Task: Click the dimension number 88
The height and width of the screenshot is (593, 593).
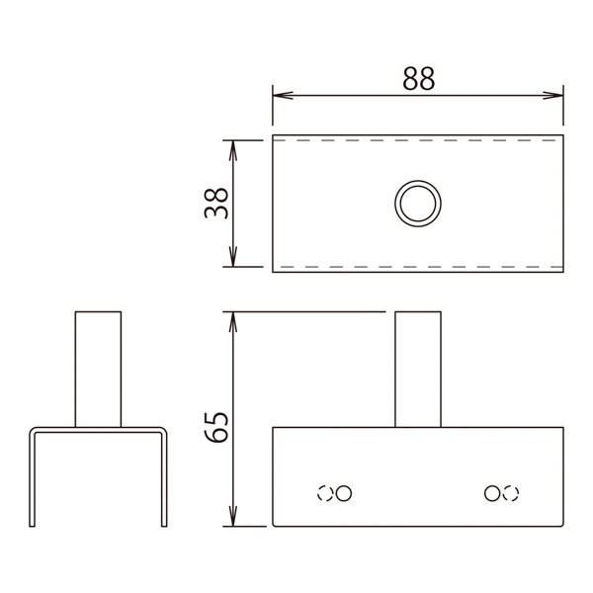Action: (x=419, y=79)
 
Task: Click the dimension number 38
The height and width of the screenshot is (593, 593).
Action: (x=215, y=204)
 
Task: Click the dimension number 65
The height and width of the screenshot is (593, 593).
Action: (x=215, y=427)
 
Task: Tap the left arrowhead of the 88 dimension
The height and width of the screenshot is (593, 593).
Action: (x=283, y=95)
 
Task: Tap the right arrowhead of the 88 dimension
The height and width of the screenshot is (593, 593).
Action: (x=552, y=95)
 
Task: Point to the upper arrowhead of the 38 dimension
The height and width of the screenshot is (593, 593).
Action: (x=233, y=150)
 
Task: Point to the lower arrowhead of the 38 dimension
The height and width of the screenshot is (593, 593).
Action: (x=233, y=256)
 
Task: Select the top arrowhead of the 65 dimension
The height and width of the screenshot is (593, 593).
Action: (x=233, y=322)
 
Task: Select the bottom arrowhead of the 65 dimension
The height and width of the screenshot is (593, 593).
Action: (x=233, y=516)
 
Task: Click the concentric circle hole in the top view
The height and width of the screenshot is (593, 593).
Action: (x=418, y=181)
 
